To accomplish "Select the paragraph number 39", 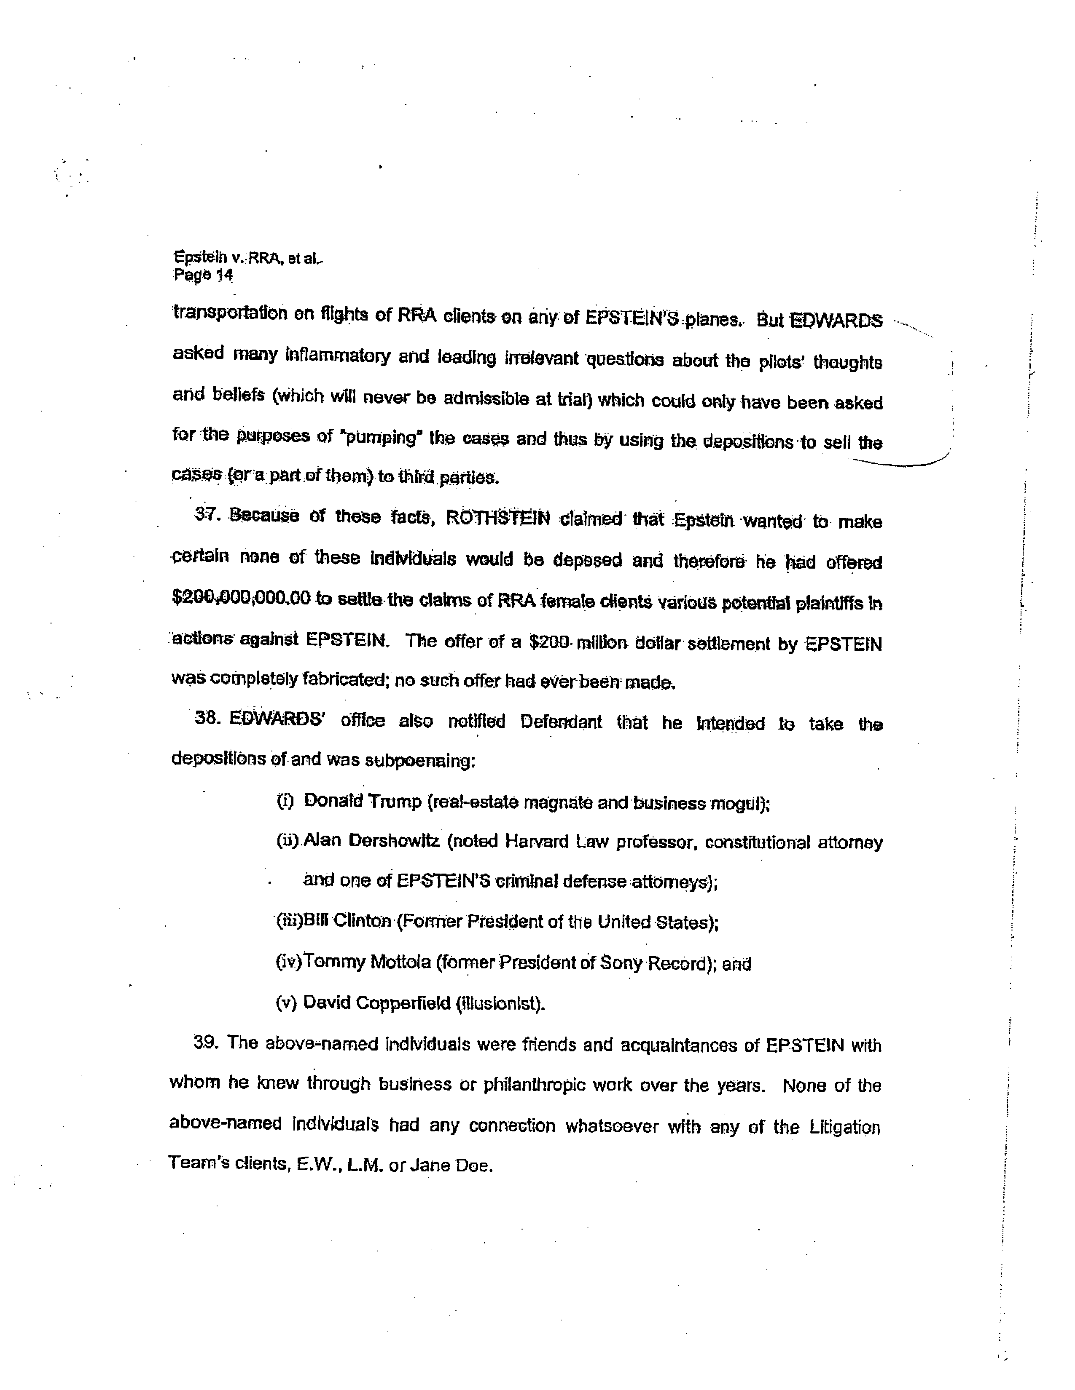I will click(x=206, y=1044).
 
